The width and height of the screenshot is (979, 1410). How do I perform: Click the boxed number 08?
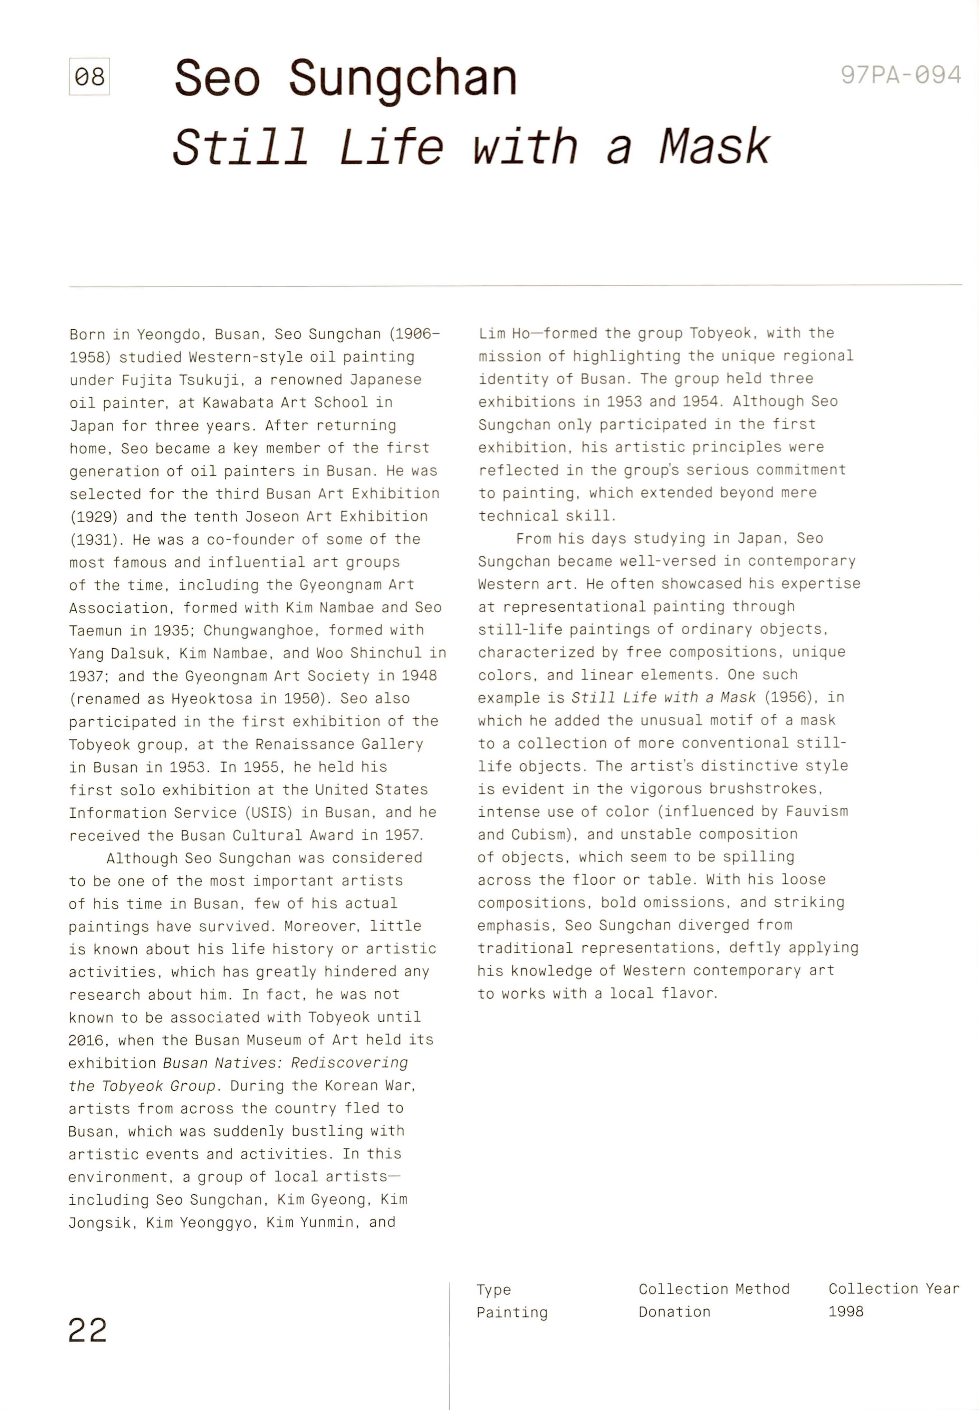click(89, 77)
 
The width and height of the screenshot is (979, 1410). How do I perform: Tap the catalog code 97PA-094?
click(901, 75)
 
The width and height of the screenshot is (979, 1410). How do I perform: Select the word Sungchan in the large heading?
click(403, 78)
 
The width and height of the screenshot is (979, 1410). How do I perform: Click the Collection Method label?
click(714, 1289)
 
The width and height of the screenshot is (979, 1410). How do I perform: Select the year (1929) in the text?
click(93, 517)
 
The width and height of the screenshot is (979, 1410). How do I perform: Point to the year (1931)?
click(93, 539)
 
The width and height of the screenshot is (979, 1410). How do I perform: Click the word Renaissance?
click(304, 744)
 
